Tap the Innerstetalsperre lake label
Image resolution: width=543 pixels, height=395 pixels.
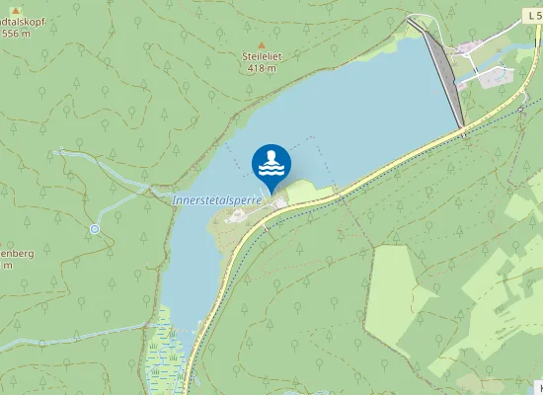point(221,198)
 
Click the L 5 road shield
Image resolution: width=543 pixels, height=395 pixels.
point(533,17)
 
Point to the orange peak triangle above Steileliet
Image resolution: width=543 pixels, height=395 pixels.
point(262,45)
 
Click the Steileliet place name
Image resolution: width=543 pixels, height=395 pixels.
point(262,57)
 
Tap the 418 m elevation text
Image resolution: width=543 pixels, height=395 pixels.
point(262,68)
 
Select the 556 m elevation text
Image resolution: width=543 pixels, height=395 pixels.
point(16,33)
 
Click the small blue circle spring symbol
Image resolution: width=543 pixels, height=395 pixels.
point(95,229)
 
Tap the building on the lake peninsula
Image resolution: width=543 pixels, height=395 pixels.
point(281,203)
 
